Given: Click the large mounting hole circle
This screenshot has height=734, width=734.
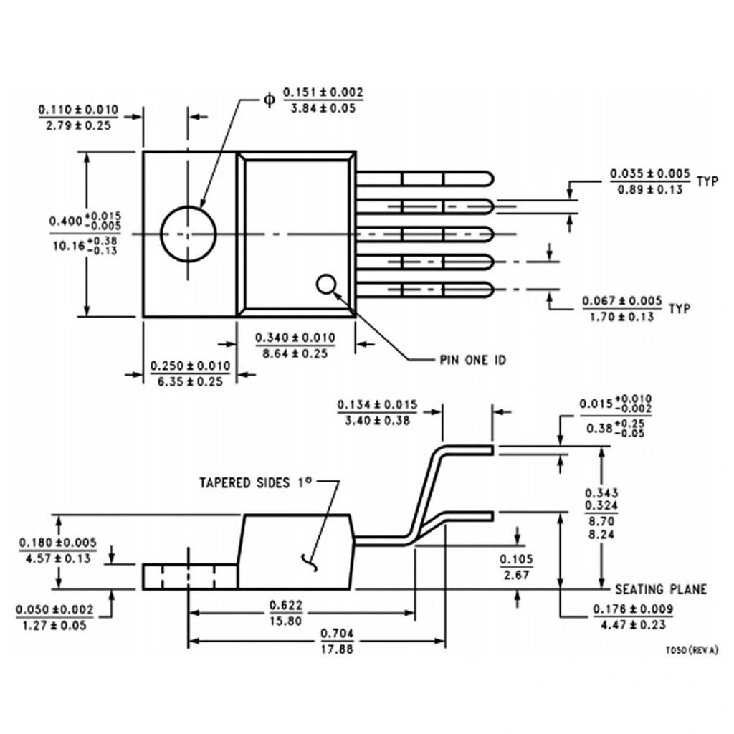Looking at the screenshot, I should coord(188,234).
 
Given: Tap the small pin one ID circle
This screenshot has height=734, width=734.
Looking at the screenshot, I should coord(326,285).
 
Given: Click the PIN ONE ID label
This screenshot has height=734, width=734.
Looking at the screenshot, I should coord(472,359).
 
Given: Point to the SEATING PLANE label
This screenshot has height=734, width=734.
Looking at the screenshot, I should coord(661,589).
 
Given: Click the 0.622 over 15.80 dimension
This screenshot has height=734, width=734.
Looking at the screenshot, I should coord(285,612).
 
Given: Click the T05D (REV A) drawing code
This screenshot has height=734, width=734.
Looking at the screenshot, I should coord(691,650).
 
